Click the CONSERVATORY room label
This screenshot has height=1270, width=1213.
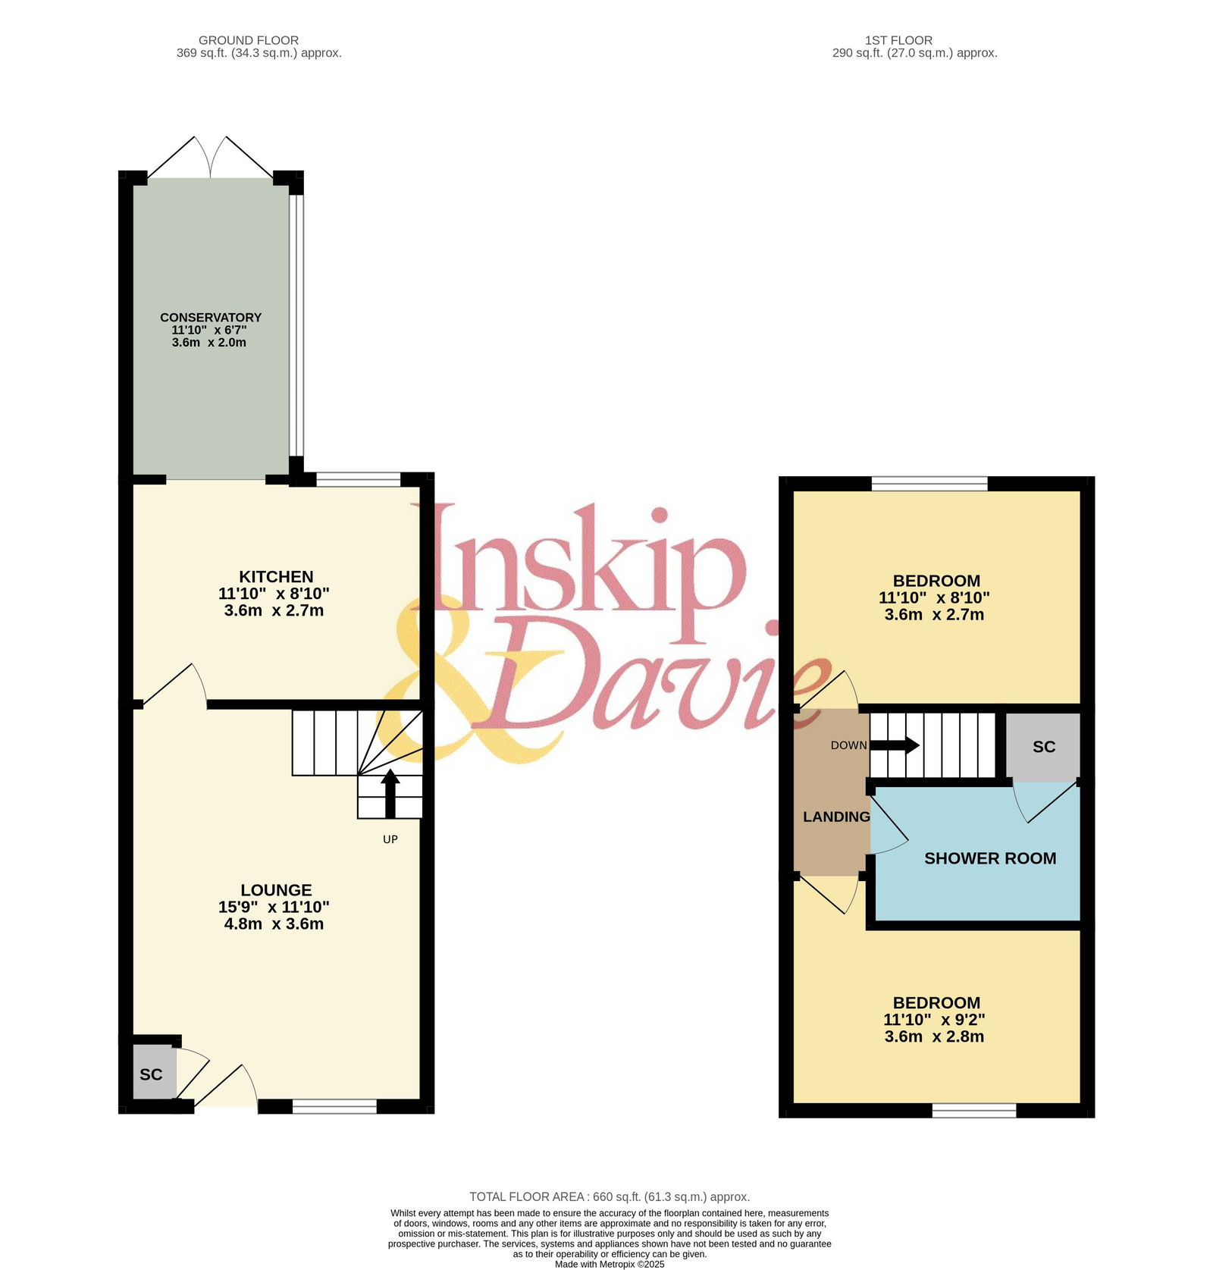pos(211,317)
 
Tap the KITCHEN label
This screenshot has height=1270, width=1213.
pos(276,576)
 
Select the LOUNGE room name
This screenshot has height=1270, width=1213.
pos(276,890)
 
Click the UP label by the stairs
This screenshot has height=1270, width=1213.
pos(390,839)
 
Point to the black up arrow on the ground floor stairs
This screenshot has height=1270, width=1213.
pos(390,793)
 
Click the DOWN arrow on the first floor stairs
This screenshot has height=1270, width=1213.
pos(895,745)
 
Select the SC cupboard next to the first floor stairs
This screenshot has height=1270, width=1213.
pos(1043,747)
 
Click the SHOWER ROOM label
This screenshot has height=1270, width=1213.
pos(990,858)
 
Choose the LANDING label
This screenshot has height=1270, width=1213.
pos(836,817)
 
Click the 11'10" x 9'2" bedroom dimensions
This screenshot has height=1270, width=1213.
pos(934,1020)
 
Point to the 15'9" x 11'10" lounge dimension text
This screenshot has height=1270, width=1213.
pos(274,907)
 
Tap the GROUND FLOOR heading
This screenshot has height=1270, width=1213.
pos(249,40)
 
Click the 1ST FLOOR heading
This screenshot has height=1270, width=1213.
pos(898,40)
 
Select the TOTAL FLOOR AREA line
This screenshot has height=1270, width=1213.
pos(610,1196)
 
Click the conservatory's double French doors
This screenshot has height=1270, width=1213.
pos(211,158)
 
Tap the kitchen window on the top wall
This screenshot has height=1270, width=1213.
pos(358,479)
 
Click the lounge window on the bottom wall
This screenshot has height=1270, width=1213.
pos(334,1107)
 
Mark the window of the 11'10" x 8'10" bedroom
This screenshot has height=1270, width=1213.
pos(929,484)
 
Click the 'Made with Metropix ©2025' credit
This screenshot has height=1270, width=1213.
pos(610,1264)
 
